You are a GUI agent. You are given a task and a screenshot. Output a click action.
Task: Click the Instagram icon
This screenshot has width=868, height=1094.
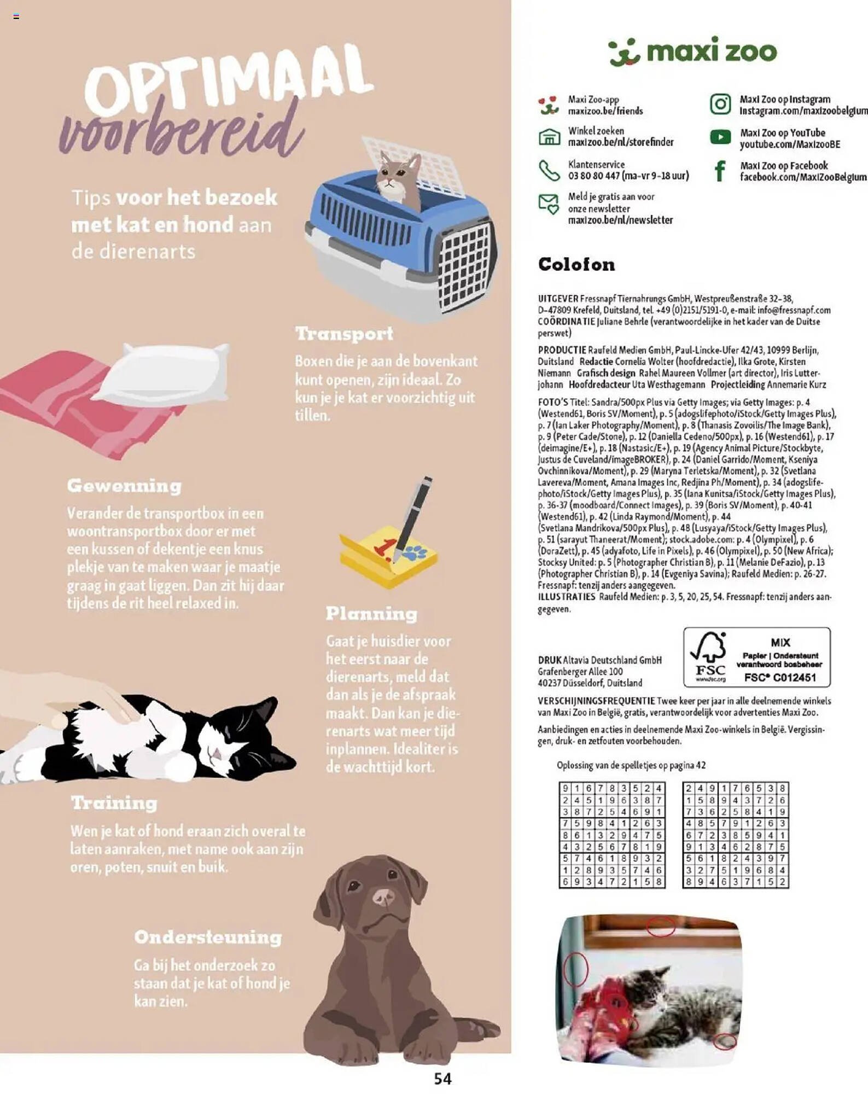coord(720,104)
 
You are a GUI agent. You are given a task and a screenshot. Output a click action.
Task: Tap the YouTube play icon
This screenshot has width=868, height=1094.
coord(720,137)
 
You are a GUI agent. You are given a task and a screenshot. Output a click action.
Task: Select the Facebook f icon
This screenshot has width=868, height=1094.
coord(720,171)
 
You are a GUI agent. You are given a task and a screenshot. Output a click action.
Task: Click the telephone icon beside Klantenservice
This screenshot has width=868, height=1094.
coord(549,171)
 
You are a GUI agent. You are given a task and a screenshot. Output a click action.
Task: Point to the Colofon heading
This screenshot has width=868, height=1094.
coord(576,265)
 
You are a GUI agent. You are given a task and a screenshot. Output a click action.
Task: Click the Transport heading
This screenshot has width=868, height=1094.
coord(344,334)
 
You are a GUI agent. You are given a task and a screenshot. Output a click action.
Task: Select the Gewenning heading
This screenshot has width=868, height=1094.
coord(124,486)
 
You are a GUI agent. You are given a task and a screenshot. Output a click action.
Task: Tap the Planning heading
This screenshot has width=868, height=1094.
coord(371,614)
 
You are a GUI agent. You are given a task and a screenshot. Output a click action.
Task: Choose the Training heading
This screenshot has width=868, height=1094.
coord(114,803)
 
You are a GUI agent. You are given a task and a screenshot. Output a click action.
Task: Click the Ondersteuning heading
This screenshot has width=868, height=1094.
coord(208,938)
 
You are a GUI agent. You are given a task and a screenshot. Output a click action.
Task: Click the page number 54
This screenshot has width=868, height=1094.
coord(442,1079)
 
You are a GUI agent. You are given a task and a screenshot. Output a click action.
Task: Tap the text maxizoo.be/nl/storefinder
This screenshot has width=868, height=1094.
coord(620,142)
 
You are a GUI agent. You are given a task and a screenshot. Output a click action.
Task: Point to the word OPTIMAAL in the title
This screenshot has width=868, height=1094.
coord(227,82)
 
